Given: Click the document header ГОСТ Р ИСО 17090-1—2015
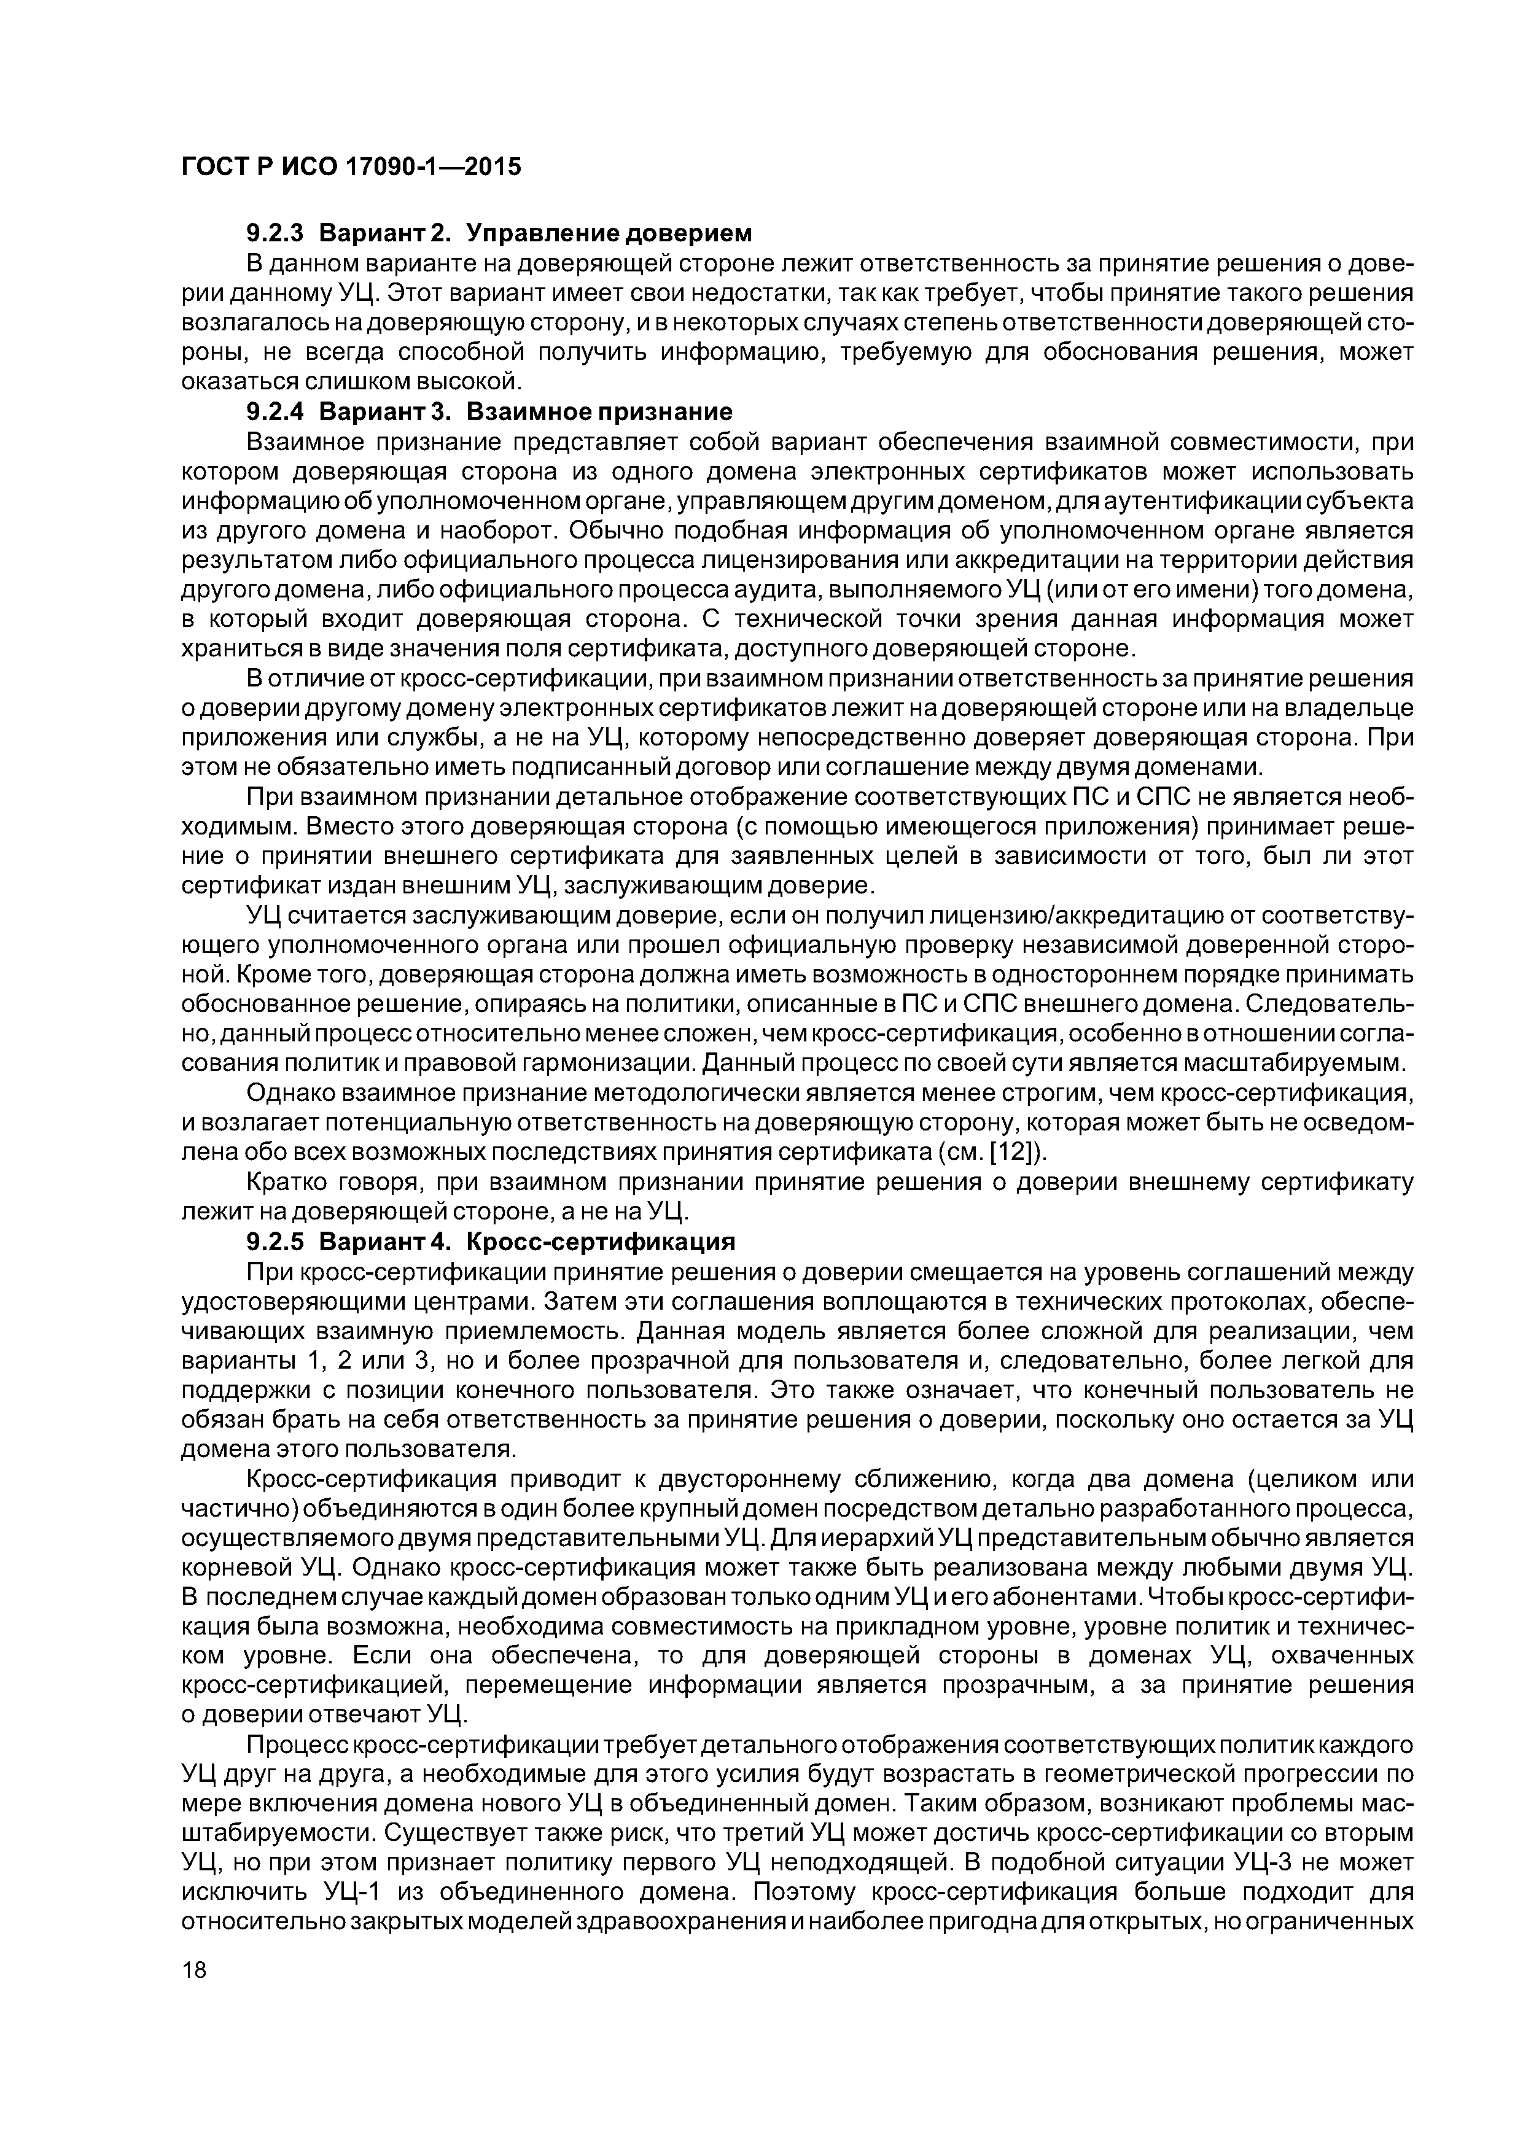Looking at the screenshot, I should pyautogui.click(x=350, y=167).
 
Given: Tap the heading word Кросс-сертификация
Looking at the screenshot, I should pyautogui.click(x=601, y=1242).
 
